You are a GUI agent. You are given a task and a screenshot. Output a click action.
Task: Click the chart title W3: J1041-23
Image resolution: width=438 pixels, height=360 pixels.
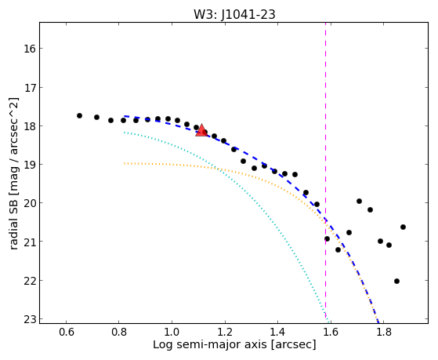[x=234, y=14]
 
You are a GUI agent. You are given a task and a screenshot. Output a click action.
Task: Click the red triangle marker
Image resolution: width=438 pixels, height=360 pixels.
[x=201, y=130]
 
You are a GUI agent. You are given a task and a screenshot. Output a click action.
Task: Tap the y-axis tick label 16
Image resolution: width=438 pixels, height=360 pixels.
[x=30, y=49]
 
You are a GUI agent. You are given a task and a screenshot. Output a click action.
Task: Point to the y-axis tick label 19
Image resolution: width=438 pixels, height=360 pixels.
[x=30, y=165]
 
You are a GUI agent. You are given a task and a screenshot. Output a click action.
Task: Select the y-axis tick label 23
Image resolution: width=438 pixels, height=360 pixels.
[x=30, y=319]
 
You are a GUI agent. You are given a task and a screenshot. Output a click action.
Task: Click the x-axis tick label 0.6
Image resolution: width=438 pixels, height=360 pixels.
[x=66, y=333]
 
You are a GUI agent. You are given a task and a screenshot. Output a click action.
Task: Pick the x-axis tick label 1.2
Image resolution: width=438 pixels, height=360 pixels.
[x=225, y=333]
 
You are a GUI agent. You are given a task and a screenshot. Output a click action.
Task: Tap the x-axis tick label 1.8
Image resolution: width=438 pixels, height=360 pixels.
[x=383, y=333]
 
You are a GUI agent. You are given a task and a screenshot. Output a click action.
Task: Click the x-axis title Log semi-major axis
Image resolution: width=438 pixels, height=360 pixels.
[x=210, y=345]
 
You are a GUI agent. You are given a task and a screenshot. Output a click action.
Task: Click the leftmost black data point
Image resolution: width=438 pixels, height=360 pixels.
[x=79, y=115]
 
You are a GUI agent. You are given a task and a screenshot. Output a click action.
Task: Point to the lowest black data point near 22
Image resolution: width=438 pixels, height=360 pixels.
[x=396, y=281]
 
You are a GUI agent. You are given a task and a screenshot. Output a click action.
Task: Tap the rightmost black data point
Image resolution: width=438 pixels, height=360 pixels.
[x=403, y=227]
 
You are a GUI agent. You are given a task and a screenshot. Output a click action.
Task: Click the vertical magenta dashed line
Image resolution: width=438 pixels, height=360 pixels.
[x=325, y=170]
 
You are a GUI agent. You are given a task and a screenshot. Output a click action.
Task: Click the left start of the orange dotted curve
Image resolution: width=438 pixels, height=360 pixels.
[x=125, y=163]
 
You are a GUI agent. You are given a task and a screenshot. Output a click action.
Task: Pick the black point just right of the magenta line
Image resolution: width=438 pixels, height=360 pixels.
[x=327, y=238]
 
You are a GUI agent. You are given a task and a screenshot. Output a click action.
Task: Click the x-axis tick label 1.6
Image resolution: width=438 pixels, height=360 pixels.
[x=331, y=333]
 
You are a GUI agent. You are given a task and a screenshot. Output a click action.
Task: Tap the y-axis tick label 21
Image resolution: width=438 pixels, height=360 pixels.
[x=30, y=242]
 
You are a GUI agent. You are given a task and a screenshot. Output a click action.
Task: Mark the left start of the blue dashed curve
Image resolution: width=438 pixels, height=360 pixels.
[x=125, y=116]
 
